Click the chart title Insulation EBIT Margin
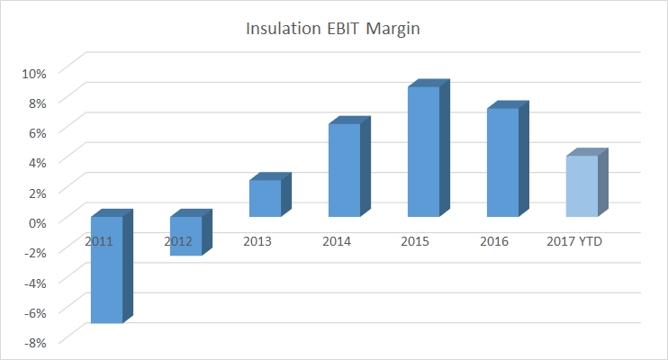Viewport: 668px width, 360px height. pyautogui.click(x=334, y=30)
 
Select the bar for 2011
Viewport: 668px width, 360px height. pyautogui.click(x=106, y=279)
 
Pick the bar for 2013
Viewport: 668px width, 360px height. pyautogui.click(x=265, y=198)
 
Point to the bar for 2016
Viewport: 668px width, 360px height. pyautogui.click(x=502, y=162)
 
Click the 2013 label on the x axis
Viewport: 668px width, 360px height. pyautogui.click(x=257, y=241)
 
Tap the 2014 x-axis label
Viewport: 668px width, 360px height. pyautogui.click(x=337, y=241)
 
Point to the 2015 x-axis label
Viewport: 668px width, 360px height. pyautogui.click(x=416, y=241)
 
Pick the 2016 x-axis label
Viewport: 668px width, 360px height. pyautogui.click(x=494, y=241)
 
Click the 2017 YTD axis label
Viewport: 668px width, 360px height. pyautogui.click(x=574, y=241)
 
